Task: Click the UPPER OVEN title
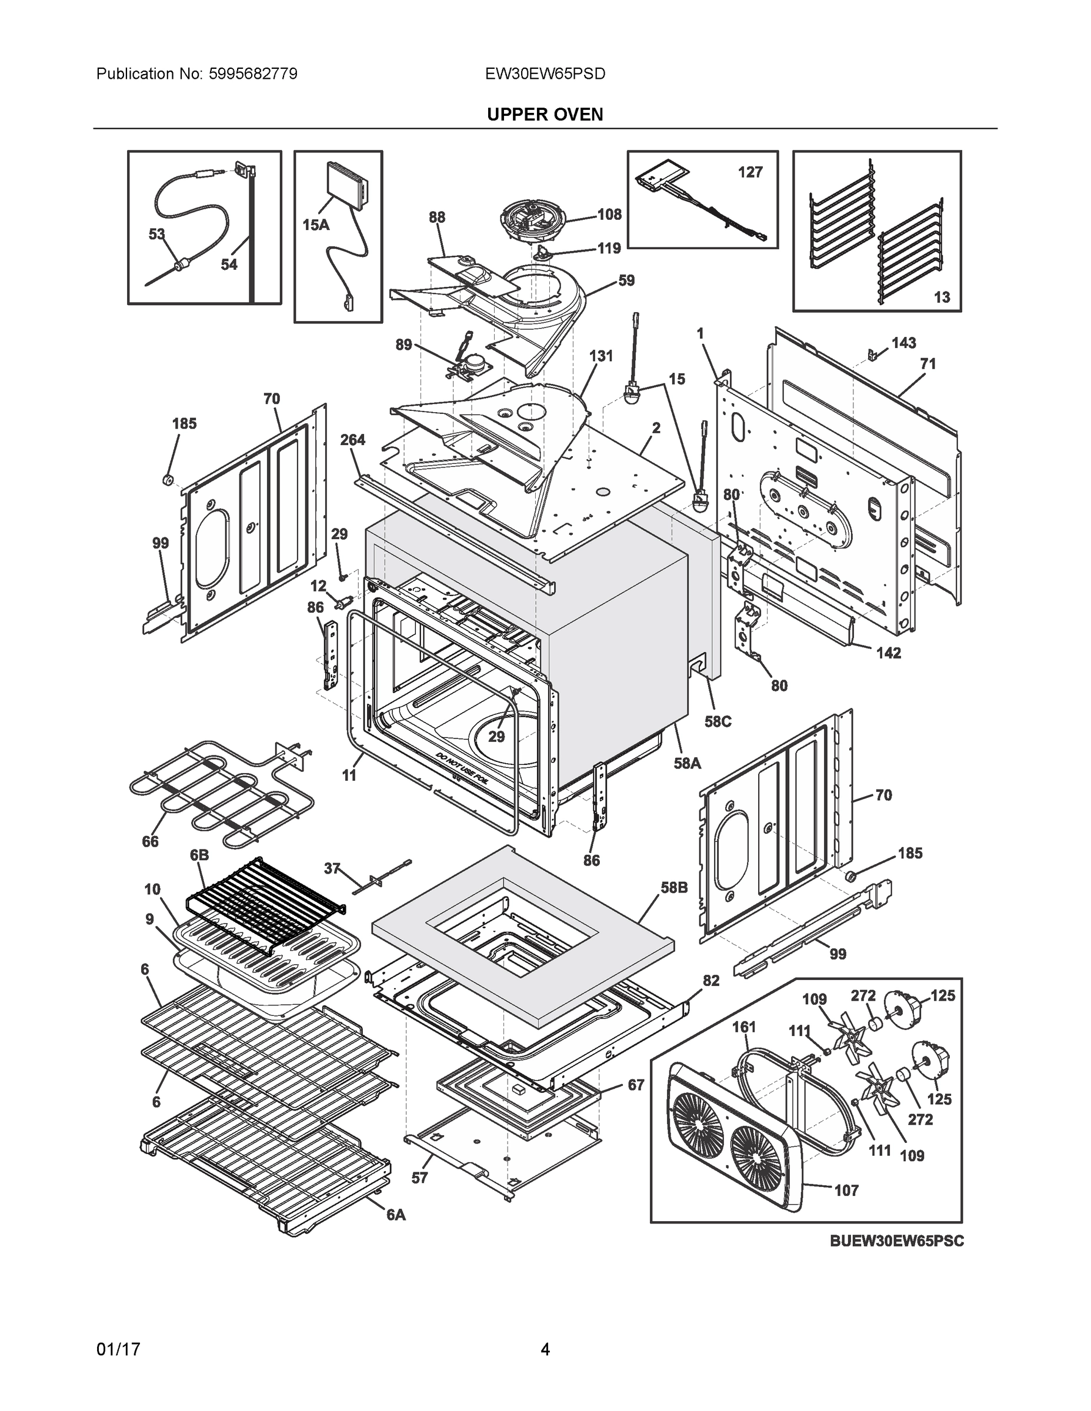[x=545, y=115]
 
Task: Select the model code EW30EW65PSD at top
[x=545, y=73]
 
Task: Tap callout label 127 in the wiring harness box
[x=750, y=172]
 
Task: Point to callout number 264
[x=353, y=440]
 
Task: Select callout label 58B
[x=673, y=888]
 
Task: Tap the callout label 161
[x=744, y=1027]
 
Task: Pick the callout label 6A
[x=396, y=1215]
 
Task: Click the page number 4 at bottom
[x=545, y=1349]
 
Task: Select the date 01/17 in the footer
[x=118, y=1349]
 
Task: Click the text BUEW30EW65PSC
[x=896, y=1241]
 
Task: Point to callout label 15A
[x=316, y=225]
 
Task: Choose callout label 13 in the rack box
[x=942, y=296]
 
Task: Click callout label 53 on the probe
[x=156, y=234]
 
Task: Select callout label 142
[x=888, y=653]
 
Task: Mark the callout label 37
[x=332, y=869]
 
